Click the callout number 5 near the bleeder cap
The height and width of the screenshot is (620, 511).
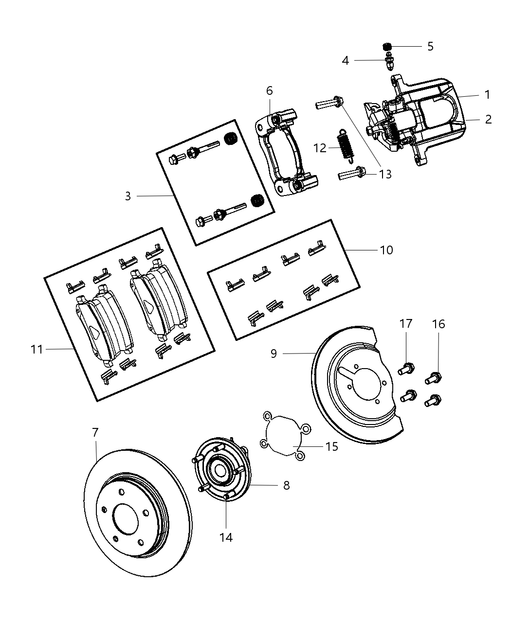click(430, 47)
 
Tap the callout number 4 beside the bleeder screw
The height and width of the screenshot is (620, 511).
click(346, 61)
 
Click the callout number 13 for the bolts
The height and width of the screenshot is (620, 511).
click(385, 174)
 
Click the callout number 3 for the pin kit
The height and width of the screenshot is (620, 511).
click(128, 196)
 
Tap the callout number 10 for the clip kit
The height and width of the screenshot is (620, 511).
click(386, 250)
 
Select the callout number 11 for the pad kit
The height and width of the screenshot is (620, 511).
click(37, 349)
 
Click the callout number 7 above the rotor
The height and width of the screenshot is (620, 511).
click(95, 432)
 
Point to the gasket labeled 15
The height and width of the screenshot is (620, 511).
click(285, 435)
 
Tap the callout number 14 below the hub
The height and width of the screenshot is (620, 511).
click(226, 537)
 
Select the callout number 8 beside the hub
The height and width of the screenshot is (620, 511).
click(286, 485)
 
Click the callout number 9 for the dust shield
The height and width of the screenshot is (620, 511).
click(274, 354)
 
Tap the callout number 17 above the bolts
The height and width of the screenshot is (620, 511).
click(406, 324)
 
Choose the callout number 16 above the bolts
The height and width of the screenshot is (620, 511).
click(438, 324)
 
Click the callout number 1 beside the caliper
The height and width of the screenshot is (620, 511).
click(487, 95)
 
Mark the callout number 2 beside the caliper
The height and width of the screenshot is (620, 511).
click(488, 119)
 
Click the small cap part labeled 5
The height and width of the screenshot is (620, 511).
click(387, 47)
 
